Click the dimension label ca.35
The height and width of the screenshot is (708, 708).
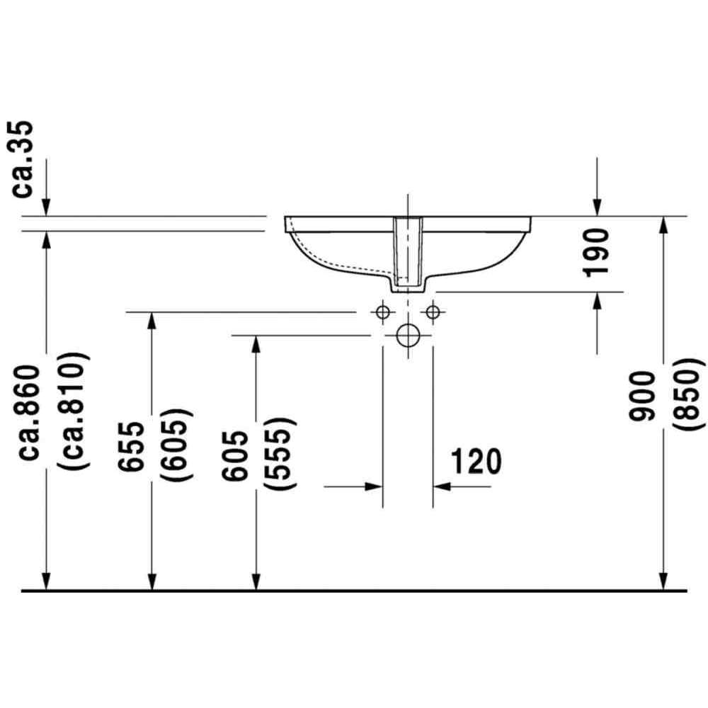point(21,159)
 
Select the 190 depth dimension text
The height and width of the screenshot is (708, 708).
point(596,253)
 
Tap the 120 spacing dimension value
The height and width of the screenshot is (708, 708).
point(476,461)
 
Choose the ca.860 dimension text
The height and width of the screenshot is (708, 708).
point(30,413)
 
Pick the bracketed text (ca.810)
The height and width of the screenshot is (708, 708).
point(72,411)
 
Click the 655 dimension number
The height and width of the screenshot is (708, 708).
point(131,446)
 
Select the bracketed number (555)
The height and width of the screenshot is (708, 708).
point(280,454)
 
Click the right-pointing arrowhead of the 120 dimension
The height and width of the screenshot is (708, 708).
point(374,487)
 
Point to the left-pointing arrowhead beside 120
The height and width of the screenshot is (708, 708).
point(442,487)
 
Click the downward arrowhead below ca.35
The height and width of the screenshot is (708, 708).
point(46,207)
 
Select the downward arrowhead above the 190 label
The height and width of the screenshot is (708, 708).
point(597,207)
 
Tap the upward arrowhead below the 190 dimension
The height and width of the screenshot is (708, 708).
point(597,301)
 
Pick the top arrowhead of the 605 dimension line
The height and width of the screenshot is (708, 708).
point(256,345)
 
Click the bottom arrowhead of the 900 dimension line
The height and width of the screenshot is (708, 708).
point(663,581)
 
